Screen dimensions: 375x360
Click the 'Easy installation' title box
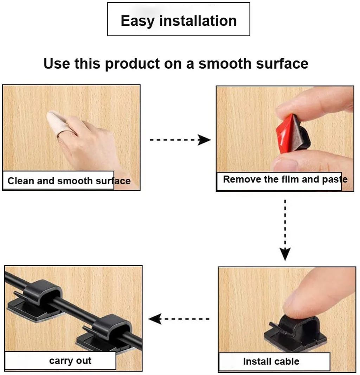179,19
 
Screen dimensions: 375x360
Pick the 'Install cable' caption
271,361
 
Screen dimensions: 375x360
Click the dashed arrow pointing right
180,140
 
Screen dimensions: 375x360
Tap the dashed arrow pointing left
179,319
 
